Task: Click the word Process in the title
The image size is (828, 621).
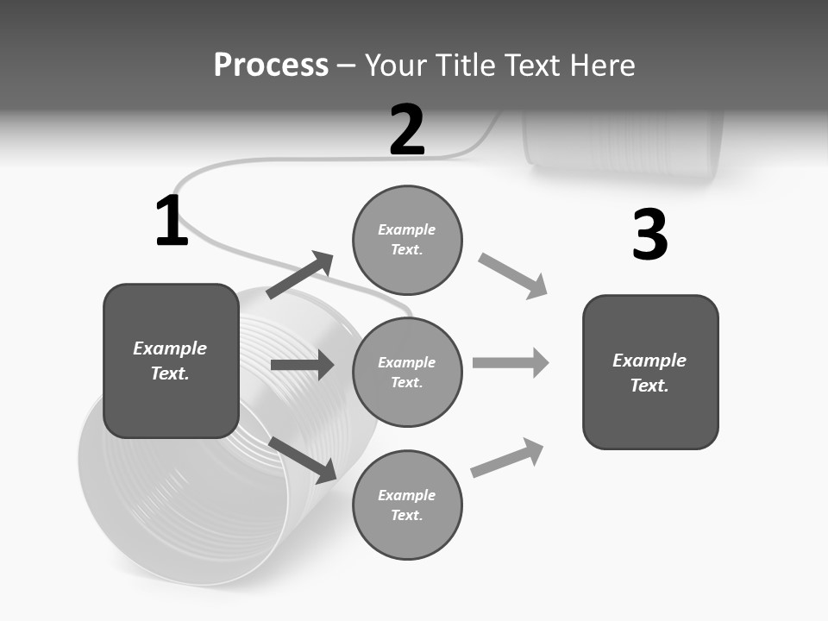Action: pos(271,66)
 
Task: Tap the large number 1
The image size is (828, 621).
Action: pos(171,222)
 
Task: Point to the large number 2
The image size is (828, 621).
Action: pos(407,130)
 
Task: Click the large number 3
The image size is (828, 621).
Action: pos(649,235)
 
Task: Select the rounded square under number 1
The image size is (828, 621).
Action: pos(171,361)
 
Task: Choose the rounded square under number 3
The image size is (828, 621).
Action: pos(650,372)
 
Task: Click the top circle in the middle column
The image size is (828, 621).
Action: pos(407,239)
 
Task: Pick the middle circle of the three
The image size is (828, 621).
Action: pos(407,372)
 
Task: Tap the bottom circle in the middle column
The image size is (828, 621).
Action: pos(407,505)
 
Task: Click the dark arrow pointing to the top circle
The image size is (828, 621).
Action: pos(300,275)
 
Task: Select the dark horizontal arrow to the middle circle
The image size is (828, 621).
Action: pos(302,365)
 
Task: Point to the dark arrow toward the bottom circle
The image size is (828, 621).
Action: pos(303,459)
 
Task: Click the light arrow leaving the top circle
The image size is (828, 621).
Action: pos(512,275)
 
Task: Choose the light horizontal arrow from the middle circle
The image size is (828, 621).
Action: pos(510,362)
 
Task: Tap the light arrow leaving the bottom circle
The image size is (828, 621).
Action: pos(507,457)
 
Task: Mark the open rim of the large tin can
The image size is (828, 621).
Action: pos(185,500)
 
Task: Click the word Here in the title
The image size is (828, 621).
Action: pos(603,66)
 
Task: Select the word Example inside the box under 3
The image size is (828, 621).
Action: pos(649,361)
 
